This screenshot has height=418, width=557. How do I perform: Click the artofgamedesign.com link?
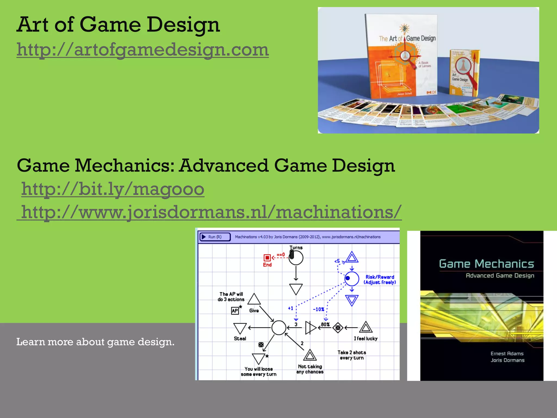pos(143,50)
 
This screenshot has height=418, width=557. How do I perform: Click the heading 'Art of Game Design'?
pos(118,24)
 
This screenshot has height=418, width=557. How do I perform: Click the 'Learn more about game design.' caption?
pos(95,342)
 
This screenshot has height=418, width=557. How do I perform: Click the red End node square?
pos(267,257)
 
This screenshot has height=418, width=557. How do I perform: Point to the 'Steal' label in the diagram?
pos(240,339)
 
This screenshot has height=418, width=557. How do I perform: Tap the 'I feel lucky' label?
pos(366,339)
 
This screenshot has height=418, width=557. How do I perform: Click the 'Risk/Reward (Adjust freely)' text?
pos(380,280)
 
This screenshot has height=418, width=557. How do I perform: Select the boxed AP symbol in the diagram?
pos(235,311)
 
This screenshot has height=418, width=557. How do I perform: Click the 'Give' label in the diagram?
pos(254,311)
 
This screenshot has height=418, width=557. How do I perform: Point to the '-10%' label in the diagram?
pos(318,309)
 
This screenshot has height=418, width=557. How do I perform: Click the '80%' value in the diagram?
pos(325,324)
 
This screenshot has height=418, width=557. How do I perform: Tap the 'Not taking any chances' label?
pos(310,369)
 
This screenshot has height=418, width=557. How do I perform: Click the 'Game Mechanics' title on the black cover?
pos(486,264)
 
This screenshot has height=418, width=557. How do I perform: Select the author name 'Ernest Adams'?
pos(507,354)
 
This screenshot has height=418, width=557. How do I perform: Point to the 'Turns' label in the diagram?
pos(296,248)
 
